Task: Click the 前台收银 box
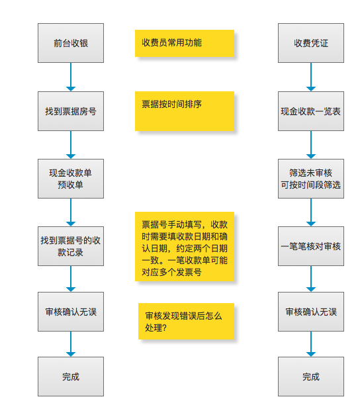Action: pyautogui.click(x=71, y=43)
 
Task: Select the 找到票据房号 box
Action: pyautogui.click(x=71, y=111)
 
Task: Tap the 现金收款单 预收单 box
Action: pyautogui.click(x=71, y=179)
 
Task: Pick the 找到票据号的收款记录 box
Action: pyautogui.click(x=71, y=246)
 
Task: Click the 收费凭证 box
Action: pyautogui.click(x=311, y=43)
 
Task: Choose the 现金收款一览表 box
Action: pyautogui.click(x=311, y=111)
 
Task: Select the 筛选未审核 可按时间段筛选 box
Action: pyautogui.click(x=311, y=179)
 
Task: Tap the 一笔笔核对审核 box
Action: pyautogui.click(x=311, y=246)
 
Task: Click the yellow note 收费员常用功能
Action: pyautogui.click(x=185, y=44)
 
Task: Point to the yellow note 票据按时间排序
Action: pyautogui.click(x=185, y=111)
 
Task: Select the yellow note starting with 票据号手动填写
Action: pyautogui.click(x=185, y=247)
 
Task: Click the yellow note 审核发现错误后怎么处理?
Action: pyautogui.click(x=186, y=322)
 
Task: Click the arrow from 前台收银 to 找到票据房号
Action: pyautogui.click(x=71, y=77)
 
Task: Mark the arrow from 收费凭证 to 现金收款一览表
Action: pyautogui.click(x=311, y=77)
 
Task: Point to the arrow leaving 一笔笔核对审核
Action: pyautogui.click(x=311, y=279)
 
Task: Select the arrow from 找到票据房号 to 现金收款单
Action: pyautogui.click(x=71, y=145)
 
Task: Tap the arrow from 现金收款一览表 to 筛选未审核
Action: pyautogui.click(x=311, y=145)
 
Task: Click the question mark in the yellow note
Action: pyautogui.click(x=163, y=328)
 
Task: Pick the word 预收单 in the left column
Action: pyautogui.click(x=70, y=185)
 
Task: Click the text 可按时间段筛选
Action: pyautogui.click(x=310, y=185)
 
